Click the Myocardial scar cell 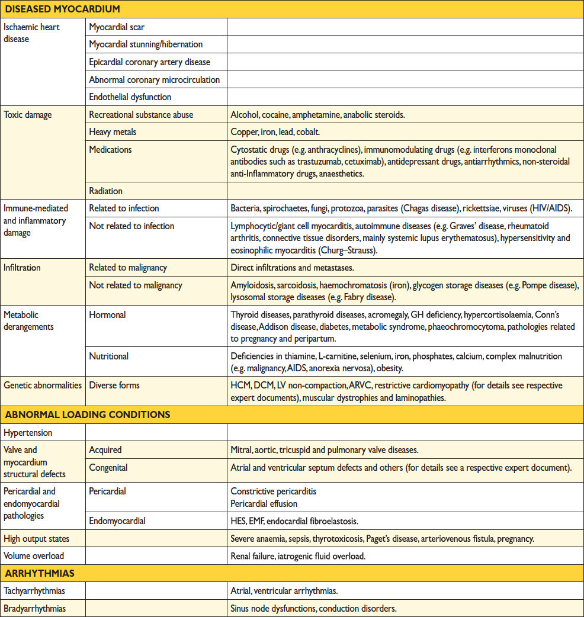(x=117, y=27)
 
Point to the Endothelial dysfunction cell (x=130, y=97)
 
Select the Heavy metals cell (x=113, y=132)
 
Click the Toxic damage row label (x=28, y=115)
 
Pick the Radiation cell (x=106, y=190)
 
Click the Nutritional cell (x=109, y=356)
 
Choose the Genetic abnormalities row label (x=43, y=385)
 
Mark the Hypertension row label (x=28, y=433)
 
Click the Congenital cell (x=108, y=468)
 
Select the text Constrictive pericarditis (x=273, y=491)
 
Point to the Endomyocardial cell (x=117, y=521)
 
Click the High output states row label (x=36, y=539)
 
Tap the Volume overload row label (x=34, y=556)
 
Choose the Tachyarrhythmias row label (x=35, y=591)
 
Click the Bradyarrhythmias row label (x=35, y=608)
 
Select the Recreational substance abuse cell (x=141, y=115)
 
